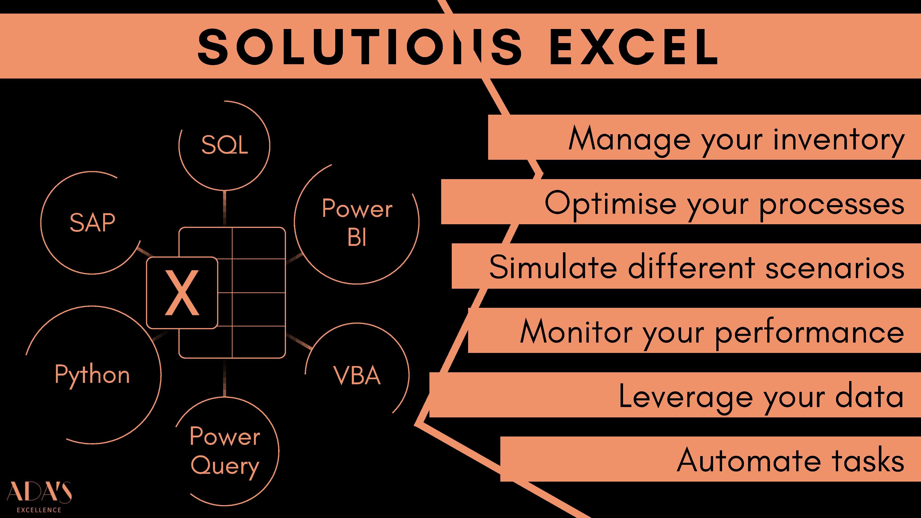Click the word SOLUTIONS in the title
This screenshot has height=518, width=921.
360,47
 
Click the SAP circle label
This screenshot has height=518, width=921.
93,222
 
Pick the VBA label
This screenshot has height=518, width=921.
357,376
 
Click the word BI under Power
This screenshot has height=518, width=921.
357,237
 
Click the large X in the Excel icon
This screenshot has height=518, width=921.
182,293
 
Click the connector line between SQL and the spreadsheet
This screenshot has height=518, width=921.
224,208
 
